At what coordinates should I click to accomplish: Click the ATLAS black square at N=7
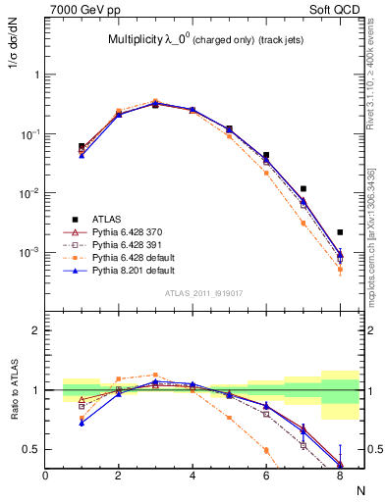(303, 188)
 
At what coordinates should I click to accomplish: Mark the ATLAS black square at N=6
(266, 155)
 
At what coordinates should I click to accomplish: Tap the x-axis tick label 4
(193, 476)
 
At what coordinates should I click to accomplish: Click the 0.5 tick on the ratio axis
(31, 449)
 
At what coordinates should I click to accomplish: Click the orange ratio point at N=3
(155, 375)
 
